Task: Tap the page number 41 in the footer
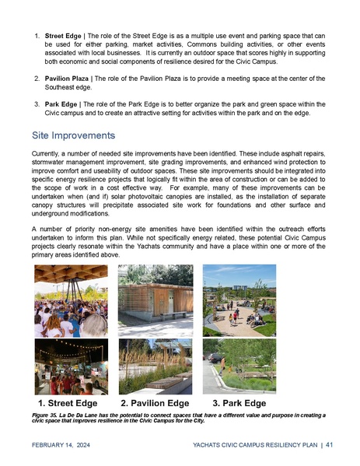330,445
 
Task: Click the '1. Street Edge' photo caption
68,404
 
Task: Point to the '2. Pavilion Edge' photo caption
155,404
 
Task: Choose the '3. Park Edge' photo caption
239,404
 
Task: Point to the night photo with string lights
71,366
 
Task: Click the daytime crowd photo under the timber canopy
71,300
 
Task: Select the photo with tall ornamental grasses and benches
156,366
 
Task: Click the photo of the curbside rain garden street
239,366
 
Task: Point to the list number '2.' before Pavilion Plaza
37,78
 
